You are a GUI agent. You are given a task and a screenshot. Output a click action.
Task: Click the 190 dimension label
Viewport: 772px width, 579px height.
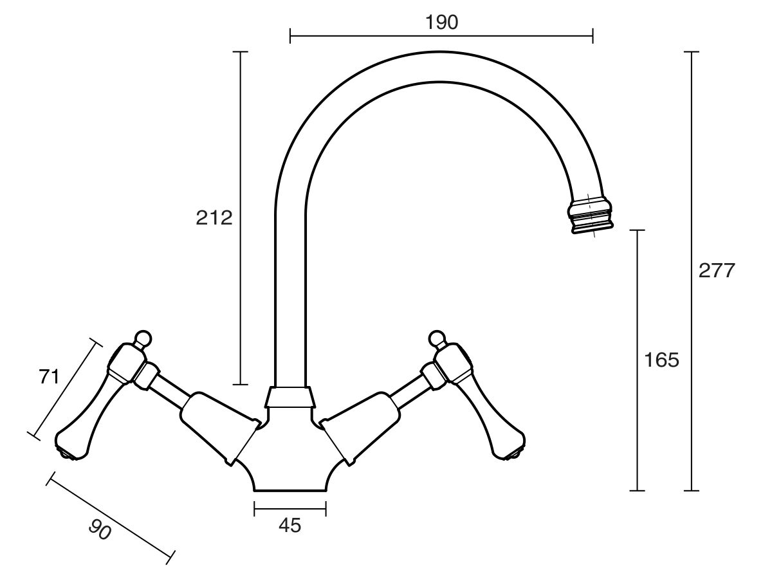441,22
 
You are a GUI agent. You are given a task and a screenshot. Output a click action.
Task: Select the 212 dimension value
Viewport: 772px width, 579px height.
214,218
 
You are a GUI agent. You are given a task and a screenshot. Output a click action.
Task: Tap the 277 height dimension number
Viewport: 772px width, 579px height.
716,271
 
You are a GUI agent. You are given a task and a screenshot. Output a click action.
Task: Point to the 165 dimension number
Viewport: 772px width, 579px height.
661,360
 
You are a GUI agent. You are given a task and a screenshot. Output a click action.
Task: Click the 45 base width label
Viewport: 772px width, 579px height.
289,526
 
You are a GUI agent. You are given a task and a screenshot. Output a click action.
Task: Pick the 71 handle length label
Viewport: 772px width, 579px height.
49,376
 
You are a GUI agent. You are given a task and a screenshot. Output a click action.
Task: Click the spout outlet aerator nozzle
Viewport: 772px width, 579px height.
590,215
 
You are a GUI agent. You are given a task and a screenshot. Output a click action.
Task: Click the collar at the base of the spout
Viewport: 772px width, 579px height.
290,397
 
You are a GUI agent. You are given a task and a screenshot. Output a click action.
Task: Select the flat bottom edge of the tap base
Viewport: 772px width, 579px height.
290,490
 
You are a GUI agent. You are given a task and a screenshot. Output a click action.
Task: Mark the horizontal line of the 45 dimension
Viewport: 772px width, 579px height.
290,509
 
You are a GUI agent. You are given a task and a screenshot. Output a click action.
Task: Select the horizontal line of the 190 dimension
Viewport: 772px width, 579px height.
441,35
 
